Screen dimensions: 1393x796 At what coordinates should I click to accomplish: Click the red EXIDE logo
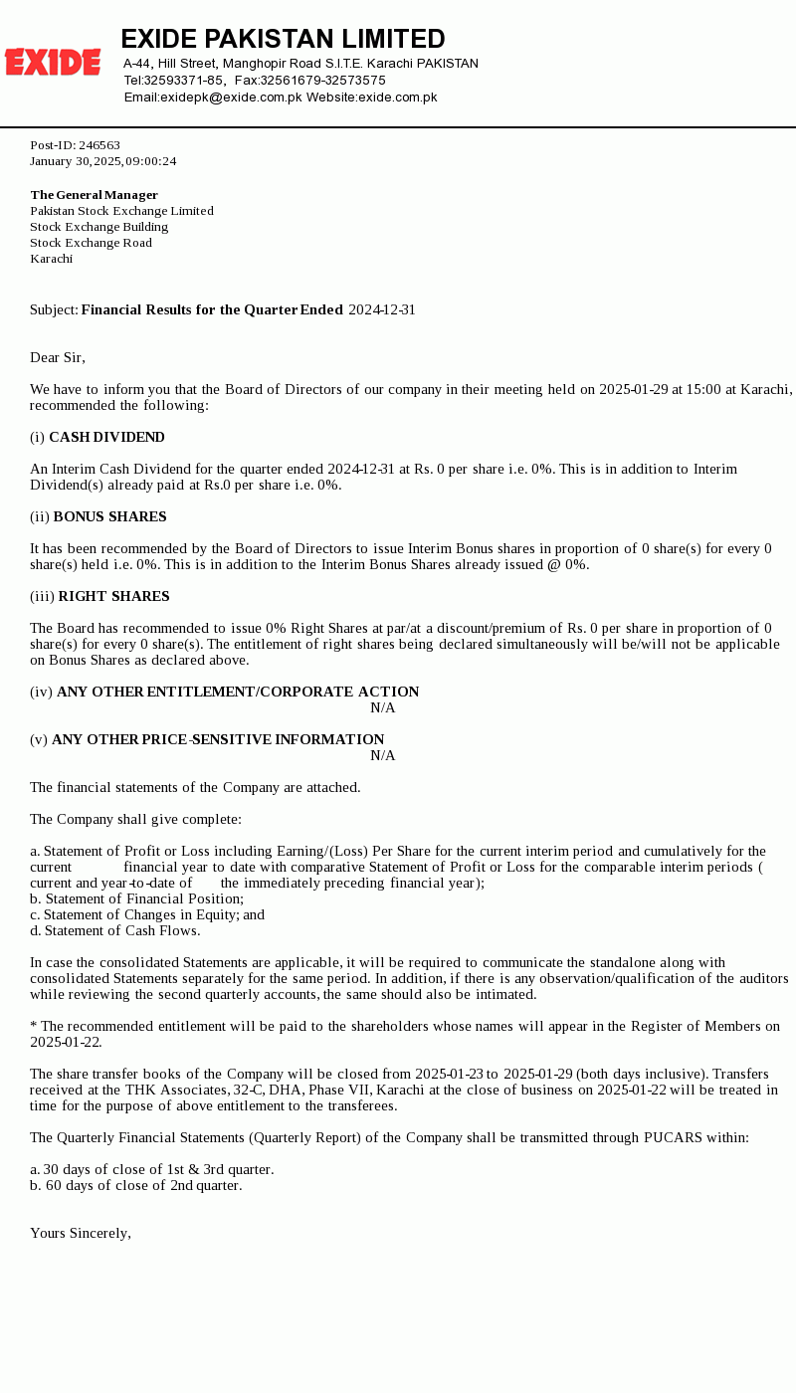[53, 62]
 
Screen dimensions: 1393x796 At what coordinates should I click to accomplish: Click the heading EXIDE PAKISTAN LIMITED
[283, 39]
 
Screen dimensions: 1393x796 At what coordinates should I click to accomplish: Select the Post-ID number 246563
[99, 145]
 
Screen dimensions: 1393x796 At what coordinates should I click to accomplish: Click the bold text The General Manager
[94, 195]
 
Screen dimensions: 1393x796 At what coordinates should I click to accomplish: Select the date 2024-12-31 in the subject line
[381, 309]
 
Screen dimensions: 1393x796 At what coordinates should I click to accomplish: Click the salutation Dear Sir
[58, 357]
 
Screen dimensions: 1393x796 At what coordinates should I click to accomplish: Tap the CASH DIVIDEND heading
[106, 437]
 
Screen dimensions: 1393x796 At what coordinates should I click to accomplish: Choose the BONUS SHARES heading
[109, 516]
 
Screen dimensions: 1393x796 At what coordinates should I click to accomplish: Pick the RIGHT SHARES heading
[113, 596]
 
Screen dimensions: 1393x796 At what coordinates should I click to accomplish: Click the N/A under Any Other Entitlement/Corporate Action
[383, 707]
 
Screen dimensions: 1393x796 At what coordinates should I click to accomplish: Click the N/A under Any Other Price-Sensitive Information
[383, 755]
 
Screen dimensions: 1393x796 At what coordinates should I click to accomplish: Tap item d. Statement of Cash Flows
[114, 930]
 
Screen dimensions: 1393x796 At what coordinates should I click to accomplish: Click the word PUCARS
[673, 1137]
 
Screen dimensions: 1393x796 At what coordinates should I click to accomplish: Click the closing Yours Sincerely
[81, 1233]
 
